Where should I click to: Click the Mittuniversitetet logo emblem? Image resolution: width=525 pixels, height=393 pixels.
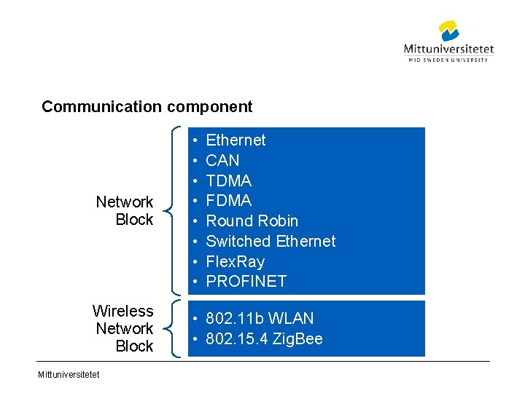[x=449, y=31]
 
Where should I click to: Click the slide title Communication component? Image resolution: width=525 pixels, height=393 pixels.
[x=147, y=107]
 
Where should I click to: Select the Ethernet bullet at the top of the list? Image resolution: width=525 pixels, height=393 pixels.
[x=236, y=140]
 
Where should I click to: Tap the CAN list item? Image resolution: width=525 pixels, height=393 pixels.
[x=222, y=160]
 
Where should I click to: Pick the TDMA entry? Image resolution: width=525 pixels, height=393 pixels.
[x=228, y=180]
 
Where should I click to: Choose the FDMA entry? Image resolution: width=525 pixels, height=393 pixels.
[x=228, y=200]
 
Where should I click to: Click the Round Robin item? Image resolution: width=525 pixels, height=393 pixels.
[x=252, y=221]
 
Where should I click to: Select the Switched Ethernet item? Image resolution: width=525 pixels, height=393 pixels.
[x=271, y=241]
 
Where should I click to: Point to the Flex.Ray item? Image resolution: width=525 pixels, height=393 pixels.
[x=235, y=261]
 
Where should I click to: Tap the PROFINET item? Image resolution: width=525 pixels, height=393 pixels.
[x=246, y=281]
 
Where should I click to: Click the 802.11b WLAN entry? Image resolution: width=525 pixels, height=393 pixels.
[x=260, y=319]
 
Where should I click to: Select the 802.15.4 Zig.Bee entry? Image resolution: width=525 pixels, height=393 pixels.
[x=264, y=339]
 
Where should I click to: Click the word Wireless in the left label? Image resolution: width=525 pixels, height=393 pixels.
[x=122, y=311]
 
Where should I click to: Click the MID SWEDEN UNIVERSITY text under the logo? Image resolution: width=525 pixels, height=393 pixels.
[x=448, y=60]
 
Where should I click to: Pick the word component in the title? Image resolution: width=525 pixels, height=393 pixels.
[x=209, y=107]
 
